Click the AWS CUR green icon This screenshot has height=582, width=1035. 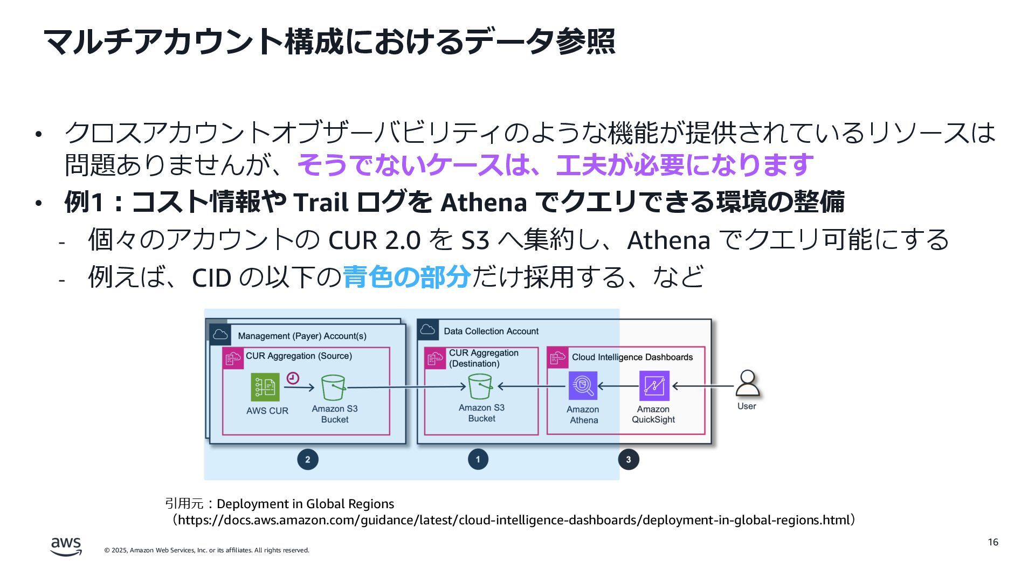(265, 387)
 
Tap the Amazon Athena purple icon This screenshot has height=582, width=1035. (583, 386)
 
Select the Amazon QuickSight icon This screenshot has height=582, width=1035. (654, 386)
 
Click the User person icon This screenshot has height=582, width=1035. (747, 383)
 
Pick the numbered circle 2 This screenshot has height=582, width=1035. (308, 460)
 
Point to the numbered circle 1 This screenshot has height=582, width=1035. (478, 460)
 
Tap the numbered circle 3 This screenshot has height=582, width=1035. (628, 460)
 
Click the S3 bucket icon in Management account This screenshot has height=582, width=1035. (333, 387)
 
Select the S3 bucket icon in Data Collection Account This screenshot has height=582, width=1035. (480, 386)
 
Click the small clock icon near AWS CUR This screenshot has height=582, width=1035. (293, 378)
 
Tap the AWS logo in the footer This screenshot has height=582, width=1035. (66, 546)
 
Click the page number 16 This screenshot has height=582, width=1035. (993, 542)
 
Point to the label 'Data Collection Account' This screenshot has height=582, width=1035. (491, 331)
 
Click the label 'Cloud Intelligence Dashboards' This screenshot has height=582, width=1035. (632, 357)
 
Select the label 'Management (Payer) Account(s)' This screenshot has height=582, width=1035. (302, 336)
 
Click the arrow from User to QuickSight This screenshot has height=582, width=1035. (703, 386)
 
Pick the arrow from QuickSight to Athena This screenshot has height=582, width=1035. (618, 386)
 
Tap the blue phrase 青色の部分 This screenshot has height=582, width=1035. (406, 277)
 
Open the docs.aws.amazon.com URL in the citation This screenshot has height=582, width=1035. (514, 521)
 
